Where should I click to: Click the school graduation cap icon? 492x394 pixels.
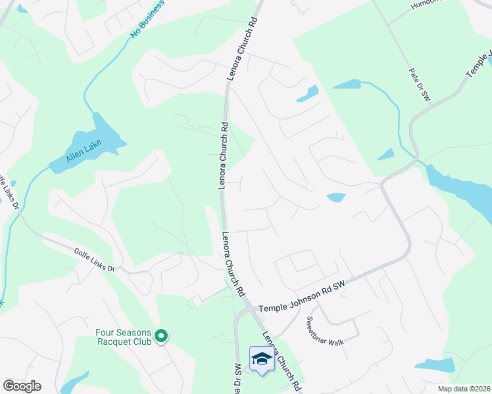(261, 359)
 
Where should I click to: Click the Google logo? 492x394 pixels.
(22, 386)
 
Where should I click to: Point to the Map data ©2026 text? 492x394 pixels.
(468, 389)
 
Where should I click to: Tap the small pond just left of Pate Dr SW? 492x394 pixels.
(385, 155)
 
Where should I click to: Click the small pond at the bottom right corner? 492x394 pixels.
(435, 365)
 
